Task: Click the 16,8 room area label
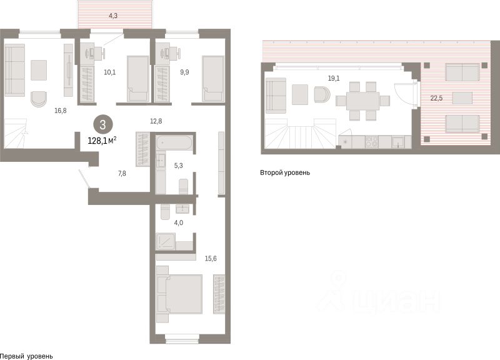tap(60, 111)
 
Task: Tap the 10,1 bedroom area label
tap(110, 72)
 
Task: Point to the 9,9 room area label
tap(184, 72)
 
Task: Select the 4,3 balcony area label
tap(113, 16)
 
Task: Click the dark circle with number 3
tap(102, 124)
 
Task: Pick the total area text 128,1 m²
tap(102, 140)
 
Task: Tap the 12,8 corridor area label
tap(156, 121)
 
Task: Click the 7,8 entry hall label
tap(122, 174)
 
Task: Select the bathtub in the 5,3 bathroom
tap(174, 142)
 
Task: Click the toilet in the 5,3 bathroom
tap(183, 186)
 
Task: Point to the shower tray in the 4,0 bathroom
tap(165, 241)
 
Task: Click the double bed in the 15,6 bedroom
tap(179, 294)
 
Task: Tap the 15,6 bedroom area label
tap(211, 258)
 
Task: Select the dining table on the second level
tap(363, 101)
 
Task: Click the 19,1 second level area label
tap(334, 78)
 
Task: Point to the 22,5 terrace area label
tap(436, 98)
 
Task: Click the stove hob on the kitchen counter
tap(371, 142)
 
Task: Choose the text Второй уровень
tap(285, 173)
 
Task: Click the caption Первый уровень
tap(26, 356)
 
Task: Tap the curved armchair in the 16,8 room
tap(39, 99)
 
